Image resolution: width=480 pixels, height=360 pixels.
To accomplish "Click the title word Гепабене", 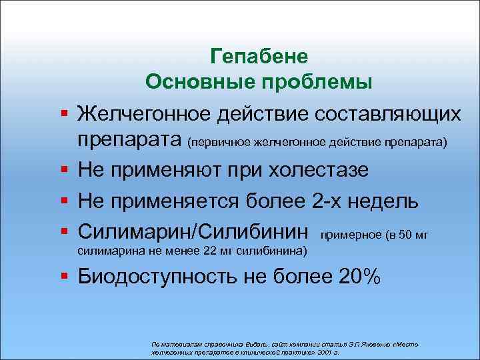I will point(258,55).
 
